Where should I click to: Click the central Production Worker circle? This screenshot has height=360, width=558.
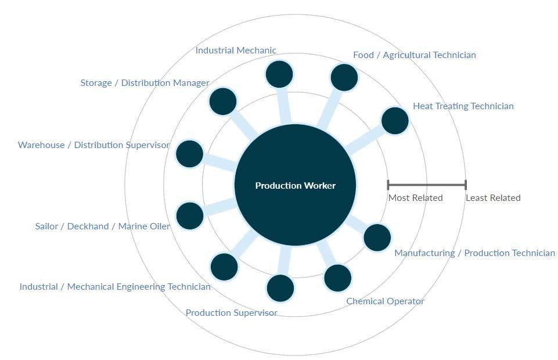tap(295, 185)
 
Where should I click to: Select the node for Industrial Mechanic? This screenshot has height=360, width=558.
tap(279, 75)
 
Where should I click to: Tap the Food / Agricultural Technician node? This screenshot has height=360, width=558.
tap(344, 77)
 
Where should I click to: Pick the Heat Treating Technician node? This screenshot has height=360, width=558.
tap(395, 121)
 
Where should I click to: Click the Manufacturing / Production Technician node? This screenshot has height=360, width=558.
tap(377, 237)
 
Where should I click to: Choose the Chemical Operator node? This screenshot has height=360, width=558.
tap(338, 278)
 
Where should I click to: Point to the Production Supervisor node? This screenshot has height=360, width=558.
tap(280, 287)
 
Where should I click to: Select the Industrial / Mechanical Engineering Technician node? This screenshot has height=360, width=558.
tap(224, 267)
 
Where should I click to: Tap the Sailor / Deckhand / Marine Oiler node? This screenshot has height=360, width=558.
tap(190, 215)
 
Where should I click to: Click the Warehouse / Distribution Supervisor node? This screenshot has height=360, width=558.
tap(189, 154)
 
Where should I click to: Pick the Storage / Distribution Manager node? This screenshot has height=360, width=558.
tap(223, 102)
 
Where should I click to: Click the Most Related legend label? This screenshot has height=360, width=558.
tap(415, 198)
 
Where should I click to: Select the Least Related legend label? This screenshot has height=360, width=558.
tap(493, 198)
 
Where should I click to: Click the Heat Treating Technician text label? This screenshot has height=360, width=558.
tap(463, 106)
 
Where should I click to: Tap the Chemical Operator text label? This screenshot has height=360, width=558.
tap(385, 301)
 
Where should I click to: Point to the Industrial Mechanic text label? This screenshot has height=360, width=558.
tap(236, 51)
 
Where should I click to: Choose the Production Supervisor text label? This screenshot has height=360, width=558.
tap(231, 313)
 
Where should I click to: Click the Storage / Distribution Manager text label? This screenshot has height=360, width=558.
tap(145, 83)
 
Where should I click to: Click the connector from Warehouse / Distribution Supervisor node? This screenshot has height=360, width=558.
tap(219, 163)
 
